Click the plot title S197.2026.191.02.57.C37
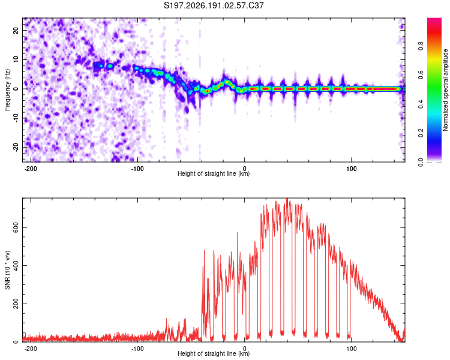(214, 5)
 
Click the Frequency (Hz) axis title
(7, 90)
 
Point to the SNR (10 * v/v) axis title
(7, 270)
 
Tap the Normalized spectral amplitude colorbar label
(445, 90)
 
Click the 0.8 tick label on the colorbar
(421, 46)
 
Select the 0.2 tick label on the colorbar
(421, 133)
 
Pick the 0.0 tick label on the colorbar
(421, 162)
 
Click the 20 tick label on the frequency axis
(16, 30)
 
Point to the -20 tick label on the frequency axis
(16, 147)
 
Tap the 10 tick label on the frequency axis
(16, 59)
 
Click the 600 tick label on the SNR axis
(16, 227)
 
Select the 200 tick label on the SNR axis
(16, 304)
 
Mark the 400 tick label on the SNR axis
(16, 265)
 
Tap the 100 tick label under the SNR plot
(351, 349)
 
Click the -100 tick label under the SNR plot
(137, 349)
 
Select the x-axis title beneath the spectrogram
(214, 173)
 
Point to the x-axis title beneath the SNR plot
(214, 353)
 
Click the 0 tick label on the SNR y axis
(16, 341)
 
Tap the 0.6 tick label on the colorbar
(421, 75)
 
